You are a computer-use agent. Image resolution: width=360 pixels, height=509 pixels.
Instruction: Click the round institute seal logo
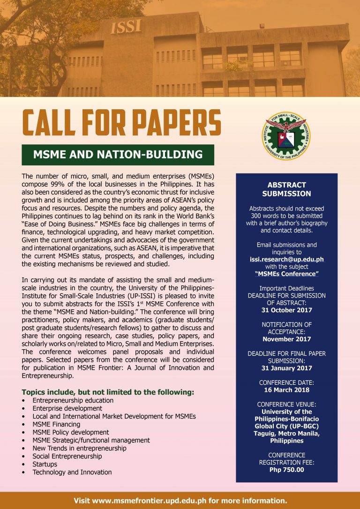286,136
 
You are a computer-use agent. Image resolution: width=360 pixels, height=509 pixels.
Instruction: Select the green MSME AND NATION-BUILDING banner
118,155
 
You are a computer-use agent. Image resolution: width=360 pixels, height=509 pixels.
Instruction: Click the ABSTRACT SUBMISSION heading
286,189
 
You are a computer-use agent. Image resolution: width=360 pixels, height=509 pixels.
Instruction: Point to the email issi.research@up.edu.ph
286,259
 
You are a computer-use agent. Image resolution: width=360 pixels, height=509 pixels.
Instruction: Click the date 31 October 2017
286,310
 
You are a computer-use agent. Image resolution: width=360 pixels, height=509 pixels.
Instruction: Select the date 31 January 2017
286,368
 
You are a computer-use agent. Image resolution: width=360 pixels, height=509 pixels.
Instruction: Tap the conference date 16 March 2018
286,390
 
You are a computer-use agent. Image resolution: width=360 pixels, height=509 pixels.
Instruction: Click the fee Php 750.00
286,470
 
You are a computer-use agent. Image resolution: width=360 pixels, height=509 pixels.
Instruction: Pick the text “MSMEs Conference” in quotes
286,274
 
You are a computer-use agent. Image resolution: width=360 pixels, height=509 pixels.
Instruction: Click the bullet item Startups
45,464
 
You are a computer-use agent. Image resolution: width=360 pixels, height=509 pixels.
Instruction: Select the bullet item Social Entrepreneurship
67,456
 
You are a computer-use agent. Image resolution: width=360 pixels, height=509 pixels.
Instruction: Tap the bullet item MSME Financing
56,424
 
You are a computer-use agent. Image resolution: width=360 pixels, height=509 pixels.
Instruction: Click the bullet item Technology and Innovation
72,472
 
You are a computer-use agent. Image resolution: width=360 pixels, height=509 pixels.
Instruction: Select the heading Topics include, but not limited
108,392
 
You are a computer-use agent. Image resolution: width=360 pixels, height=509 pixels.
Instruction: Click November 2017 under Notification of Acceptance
286,339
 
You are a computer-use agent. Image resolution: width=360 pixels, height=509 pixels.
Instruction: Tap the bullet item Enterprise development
67,408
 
